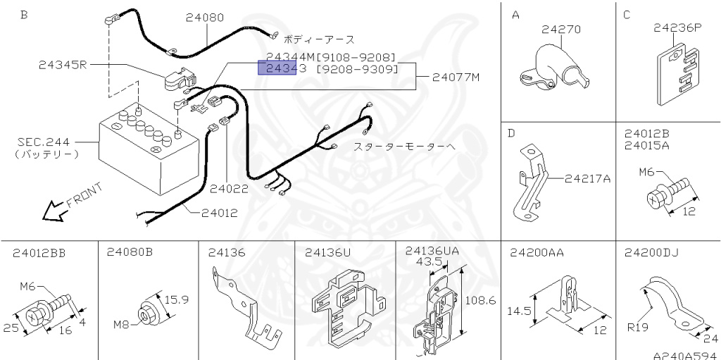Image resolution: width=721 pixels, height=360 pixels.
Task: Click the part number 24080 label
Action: coord(205,18)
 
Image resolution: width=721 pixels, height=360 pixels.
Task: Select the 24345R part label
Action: coord(62,65)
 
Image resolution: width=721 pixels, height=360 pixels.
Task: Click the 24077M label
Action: coord(456,77)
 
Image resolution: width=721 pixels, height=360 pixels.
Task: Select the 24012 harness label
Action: coord(219,212)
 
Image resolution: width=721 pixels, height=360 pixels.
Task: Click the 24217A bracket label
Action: coord(587,178)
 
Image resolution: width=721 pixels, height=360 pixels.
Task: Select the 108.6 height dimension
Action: coord(482,300)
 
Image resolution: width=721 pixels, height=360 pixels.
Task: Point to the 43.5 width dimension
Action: coord(429,261)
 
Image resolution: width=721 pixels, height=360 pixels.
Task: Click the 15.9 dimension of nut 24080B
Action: coord(176,299)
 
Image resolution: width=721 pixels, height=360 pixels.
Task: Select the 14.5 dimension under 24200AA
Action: coord(520,309)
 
